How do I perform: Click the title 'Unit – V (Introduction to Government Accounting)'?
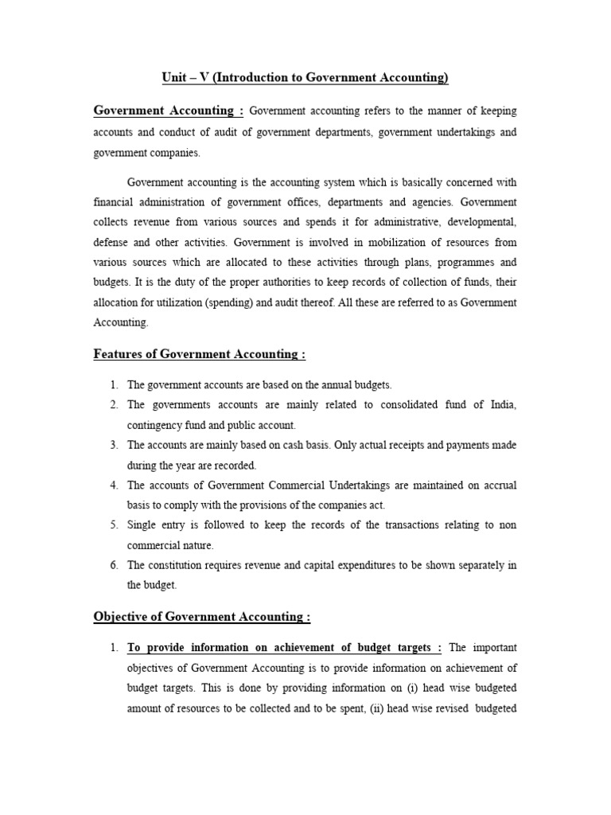[305, 77]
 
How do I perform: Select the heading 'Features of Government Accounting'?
[199, 354]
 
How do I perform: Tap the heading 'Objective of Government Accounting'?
[201, 616]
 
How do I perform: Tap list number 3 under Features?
[114, 445]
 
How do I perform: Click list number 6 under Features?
[114, 565]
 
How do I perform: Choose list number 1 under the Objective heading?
[114, 647]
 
